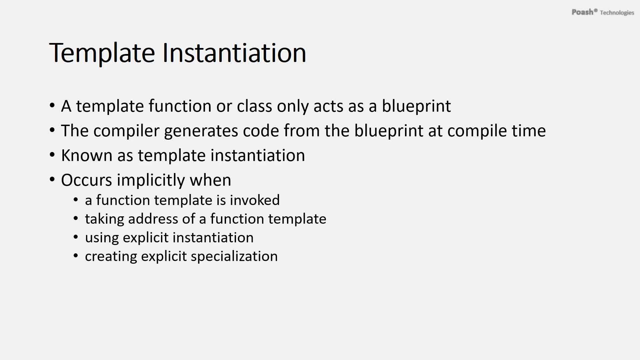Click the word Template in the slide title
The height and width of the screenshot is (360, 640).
102,53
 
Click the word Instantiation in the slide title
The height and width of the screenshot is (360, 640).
234,52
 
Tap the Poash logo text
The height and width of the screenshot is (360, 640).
583,12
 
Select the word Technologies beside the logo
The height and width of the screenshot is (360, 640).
617,13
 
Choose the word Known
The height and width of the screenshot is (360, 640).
87,155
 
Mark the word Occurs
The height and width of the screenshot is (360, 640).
86,180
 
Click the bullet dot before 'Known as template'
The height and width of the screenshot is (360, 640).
52,155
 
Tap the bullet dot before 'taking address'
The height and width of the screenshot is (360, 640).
76,219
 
